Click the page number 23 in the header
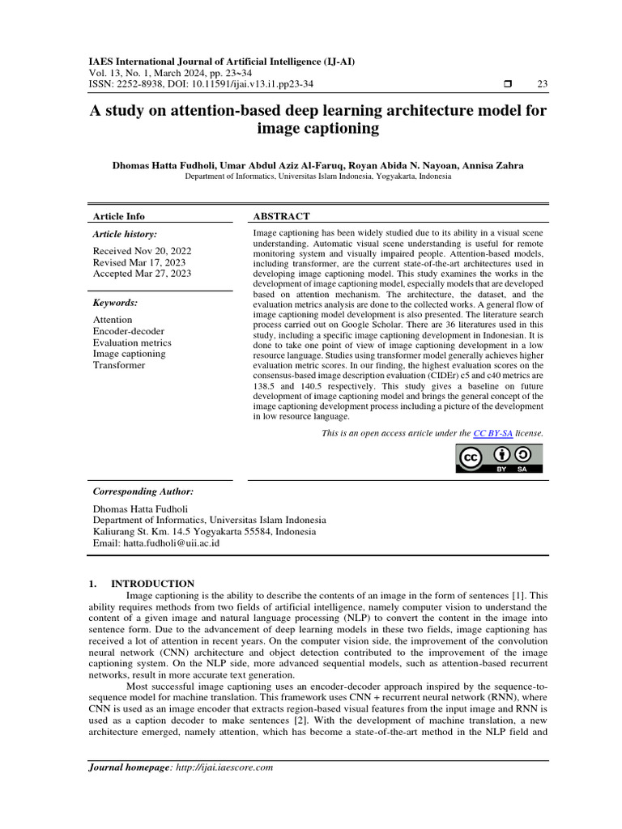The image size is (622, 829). tap(542, 84)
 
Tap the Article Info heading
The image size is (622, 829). tap(119, 216)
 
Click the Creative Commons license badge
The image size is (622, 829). tap(497, 458)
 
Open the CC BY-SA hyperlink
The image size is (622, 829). tap(488, 433)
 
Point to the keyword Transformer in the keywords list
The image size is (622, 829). tap(119, 365)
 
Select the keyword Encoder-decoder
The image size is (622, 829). tap(128, 331)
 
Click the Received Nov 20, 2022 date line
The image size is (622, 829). tap(142, 251)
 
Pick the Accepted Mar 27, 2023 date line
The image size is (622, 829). tap(142, 274)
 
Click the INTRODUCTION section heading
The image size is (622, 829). tap(152, 583)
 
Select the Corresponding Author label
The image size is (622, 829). tap(143, 491)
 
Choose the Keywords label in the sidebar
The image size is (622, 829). tap(115, 303)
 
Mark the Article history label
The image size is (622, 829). tap(126, 234)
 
